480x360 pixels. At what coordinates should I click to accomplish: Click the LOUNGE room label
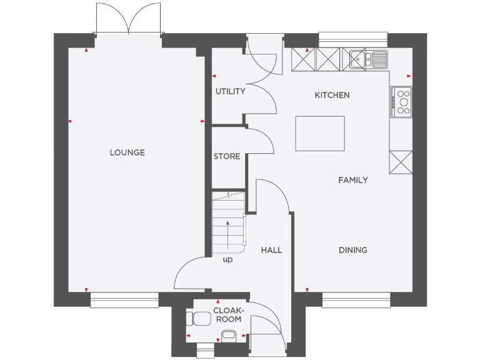(x=127, y=152)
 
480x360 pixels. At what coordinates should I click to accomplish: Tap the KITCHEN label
(x=332, y=95)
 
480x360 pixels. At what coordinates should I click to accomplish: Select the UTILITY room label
(x=231, y=91)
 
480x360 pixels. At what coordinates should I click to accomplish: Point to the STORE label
(x=227, y=156)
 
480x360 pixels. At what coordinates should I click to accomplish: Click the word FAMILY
(x=353, y=180)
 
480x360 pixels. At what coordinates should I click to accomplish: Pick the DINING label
(x=353, y=250)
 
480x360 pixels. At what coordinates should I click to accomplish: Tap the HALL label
(x=271, y=250)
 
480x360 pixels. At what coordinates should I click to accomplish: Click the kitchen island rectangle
(x=319, y=133)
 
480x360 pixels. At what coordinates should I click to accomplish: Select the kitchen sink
(x=369, y=59)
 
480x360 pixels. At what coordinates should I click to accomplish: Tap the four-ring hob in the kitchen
(x=402, y=101)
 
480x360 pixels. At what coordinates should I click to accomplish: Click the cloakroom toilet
(x=200, y=318)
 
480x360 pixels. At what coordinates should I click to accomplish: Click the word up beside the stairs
(x=227, y=259)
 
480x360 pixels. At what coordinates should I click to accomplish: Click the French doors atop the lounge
(x=129, y=19)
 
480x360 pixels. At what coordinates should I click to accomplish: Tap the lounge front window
(x=124, y=300)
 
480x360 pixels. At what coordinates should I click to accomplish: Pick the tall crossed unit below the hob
(x=400, y=162)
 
